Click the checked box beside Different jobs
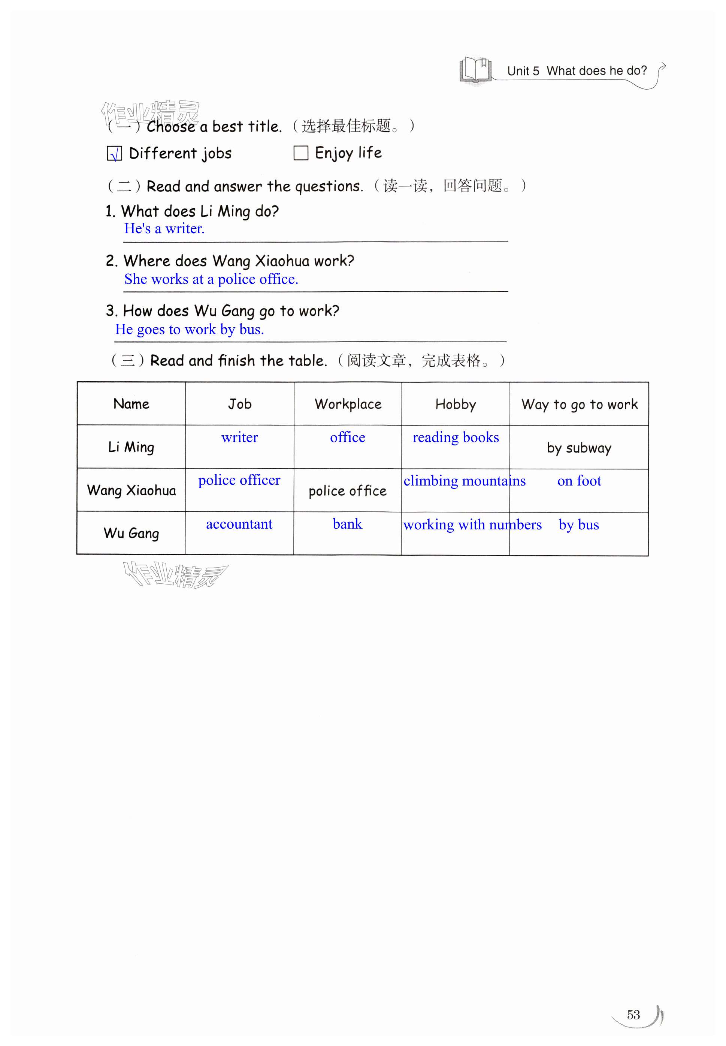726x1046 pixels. (114, 154)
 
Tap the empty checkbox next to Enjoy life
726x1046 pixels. (301, 153)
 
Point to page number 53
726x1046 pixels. (633, 1015)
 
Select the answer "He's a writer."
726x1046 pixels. (164, 228)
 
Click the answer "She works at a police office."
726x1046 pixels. (211, 279)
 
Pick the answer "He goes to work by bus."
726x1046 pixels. (189, 329)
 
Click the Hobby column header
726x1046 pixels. (456, 404)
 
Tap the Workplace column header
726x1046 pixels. (348, 404)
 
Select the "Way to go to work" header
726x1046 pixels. (579, 404)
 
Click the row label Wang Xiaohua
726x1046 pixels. (131, 490)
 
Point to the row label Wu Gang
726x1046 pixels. (131, 533)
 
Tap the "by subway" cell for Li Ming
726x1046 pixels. (579, 448)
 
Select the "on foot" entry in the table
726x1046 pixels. (579, 481)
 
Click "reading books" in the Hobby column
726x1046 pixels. (456, 438)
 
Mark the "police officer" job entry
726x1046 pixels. (239, 480)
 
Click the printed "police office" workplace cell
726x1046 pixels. (348, 491)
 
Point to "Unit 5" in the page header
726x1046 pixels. (523, 71)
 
